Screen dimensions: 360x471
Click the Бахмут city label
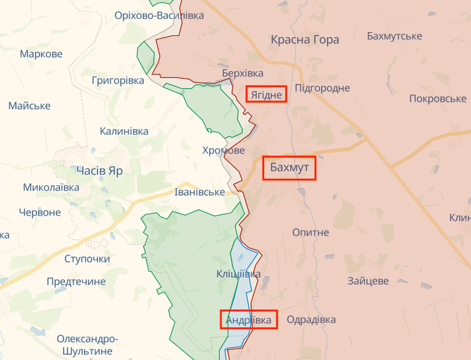click(x=290, y=169)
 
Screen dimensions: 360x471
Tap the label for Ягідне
click(x=267, y=94)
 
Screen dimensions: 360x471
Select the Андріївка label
click(x=250, y=319)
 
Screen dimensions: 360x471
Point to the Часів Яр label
click(x=99, y=170)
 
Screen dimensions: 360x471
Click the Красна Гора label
click(x=305, y=39)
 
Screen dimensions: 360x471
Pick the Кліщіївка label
click(x=238, y=274)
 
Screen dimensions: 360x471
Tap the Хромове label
click(x=223, y=151)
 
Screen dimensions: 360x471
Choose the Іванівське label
click(x=200, y=191)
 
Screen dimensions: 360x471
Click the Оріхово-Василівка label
click(x=159, y=15)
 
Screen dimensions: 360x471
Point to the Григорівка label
click(x=118, y=81)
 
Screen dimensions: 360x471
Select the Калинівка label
click(x=124, y=131)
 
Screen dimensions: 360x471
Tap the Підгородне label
click(x=323, y=88)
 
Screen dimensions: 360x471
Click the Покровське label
click(x=438, y=99)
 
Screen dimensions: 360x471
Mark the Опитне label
click(x=311, y=232)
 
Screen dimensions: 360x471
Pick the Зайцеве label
click(x=368, y=280)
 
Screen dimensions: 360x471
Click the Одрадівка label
click(x=311, y=319)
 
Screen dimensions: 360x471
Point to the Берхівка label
click(x=243, y=73)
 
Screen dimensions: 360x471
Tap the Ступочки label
click(x=87, y=259)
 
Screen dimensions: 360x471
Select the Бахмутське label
click(x=395, y=36)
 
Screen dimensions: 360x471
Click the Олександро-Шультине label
click(x=88, y=345)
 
